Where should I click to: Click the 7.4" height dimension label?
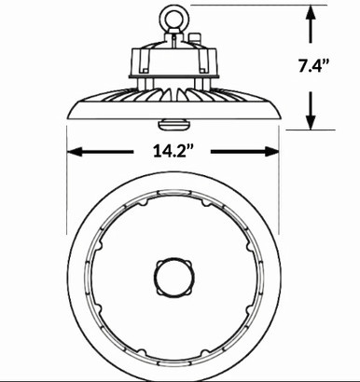pos(313,65)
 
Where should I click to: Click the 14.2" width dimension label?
pos(173,151)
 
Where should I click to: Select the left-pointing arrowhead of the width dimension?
pos(75,152)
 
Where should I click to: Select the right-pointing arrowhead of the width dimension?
pos(271,152)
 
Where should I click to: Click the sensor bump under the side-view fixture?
pos(173,125)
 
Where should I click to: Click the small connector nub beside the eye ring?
pos(194,38)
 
